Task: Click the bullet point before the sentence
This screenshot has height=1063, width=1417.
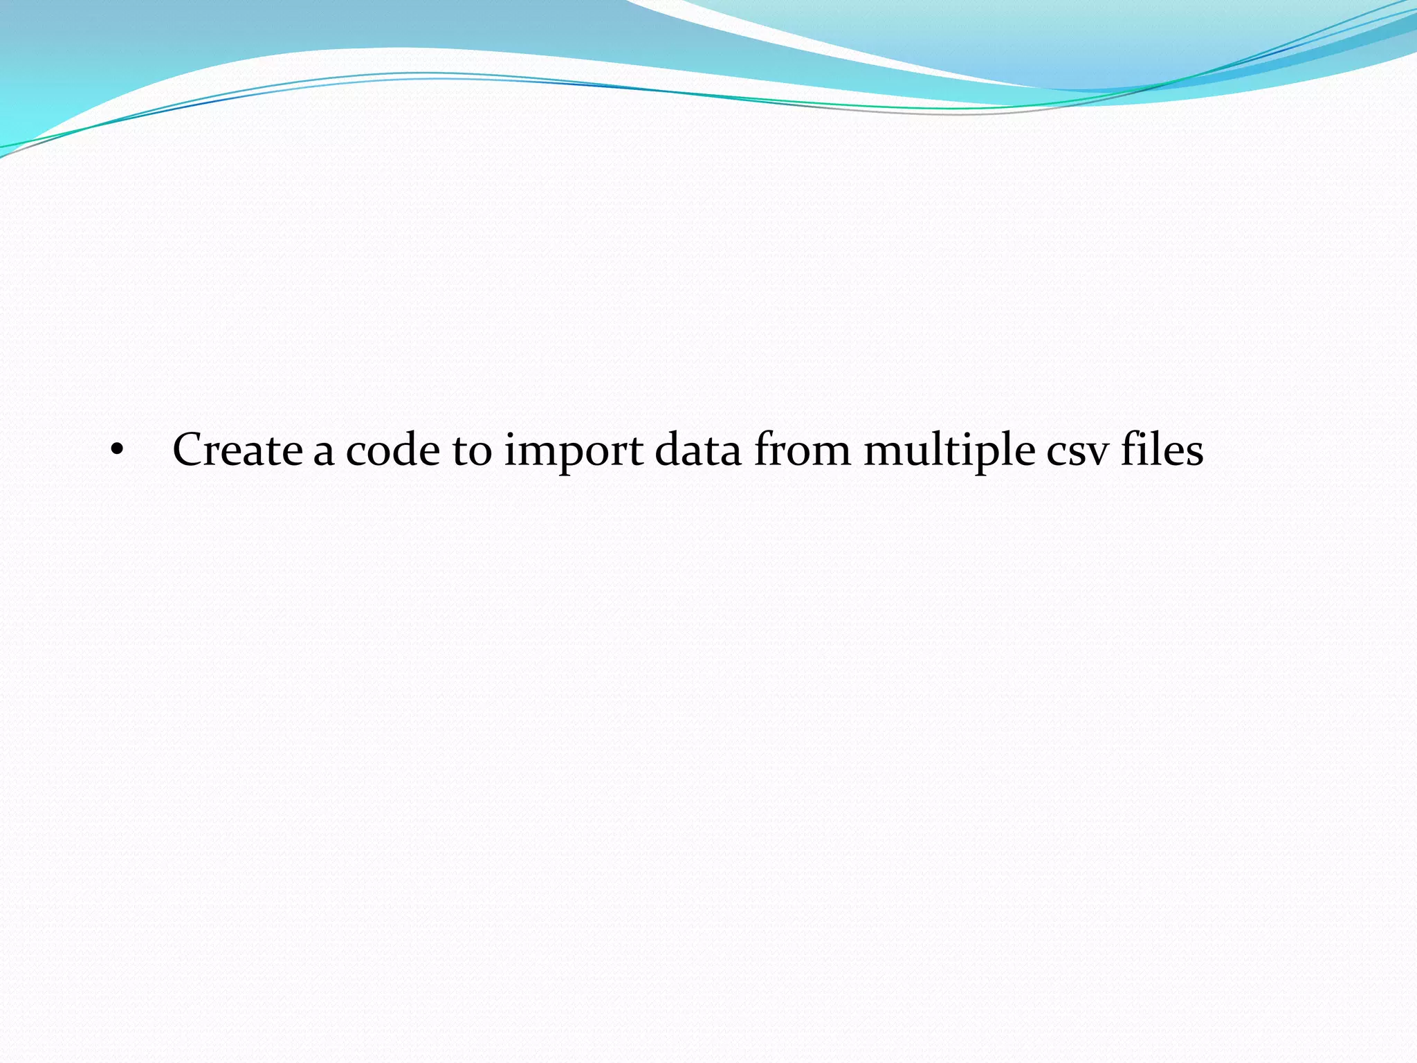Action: coord(117,451)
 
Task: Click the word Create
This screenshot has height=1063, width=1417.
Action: coord(237,450)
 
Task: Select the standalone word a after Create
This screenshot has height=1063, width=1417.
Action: coord(324,453)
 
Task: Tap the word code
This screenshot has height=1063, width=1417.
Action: coord(392,450)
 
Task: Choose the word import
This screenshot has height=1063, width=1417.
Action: coord(574,451)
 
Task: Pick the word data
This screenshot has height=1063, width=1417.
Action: coord(697,450)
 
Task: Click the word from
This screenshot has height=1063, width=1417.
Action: coord(802,450)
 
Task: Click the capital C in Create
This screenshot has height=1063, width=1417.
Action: coord(190,450)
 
